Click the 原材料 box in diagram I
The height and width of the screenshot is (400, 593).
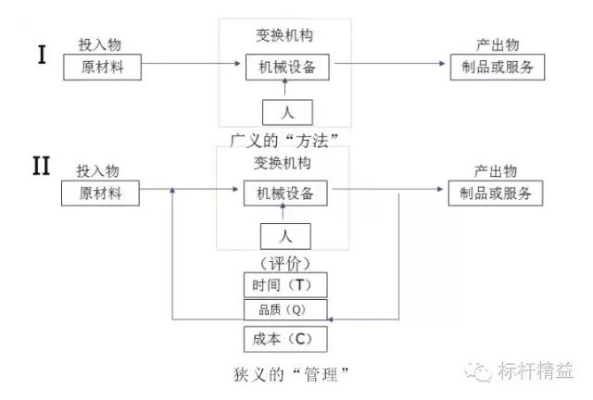(101, 67)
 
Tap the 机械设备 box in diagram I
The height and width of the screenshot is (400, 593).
(285, 67)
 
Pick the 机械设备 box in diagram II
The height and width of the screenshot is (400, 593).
(285, 194)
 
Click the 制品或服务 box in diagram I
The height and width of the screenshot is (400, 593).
(497, 67)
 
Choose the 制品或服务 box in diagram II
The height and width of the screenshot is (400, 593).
(495, 194)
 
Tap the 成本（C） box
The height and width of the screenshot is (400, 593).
(285, 338)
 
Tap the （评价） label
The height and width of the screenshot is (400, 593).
(284, 263)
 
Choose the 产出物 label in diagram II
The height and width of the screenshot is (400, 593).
(495, 171)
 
